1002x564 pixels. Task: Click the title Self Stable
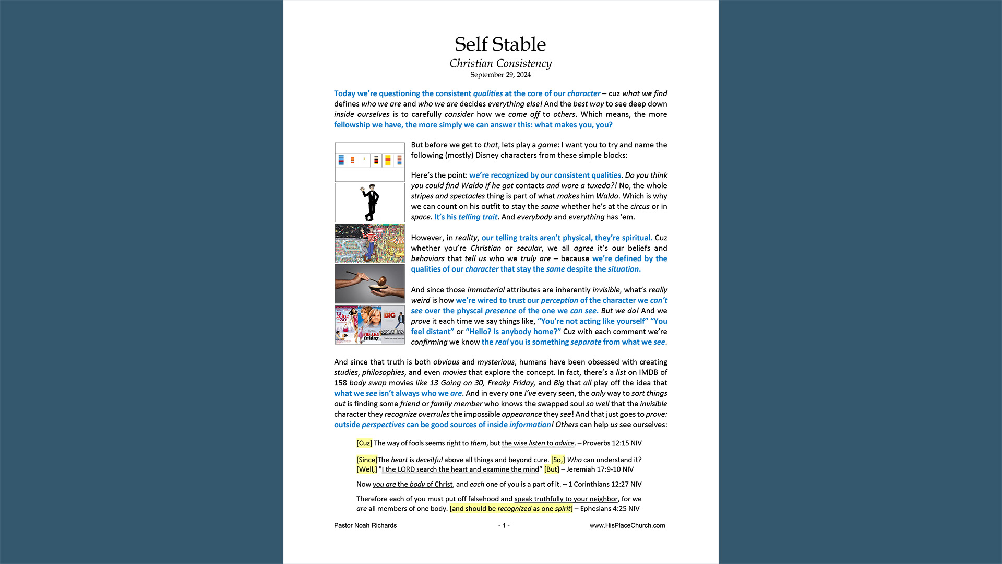click(500, 44)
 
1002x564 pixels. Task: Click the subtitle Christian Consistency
click(500, 64)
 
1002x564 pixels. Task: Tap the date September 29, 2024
click(500, 75)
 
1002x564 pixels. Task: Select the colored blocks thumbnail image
click(369, 162)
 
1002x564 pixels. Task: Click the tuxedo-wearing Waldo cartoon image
click(369, 203)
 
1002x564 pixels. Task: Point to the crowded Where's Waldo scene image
click(369, 243)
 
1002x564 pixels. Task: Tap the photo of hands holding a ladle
click(369, 284)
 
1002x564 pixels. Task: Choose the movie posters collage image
click(369, 325)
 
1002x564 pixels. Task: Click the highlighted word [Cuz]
click(364, 443)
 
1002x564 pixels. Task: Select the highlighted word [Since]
click(367, 460)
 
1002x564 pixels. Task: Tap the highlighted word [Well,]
click(367, 469)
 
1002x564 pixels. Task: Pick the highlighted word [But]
click(552, 469)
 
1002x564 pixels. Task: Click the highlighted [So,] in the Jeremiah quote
click(558, 460)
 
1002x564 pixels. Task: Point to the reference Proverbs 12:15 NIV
click(612, 443)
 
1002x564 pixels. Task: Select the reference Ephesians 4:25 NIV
click(610, 509)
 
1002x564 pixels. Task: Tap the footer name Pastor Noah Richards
click(365, 526)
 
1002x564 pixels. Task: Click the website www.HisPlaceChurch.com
click(627, 526)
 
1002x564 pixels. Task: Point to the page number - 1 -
click(504, 526)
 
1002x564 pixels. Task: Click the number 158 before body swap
click(340, 383)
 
